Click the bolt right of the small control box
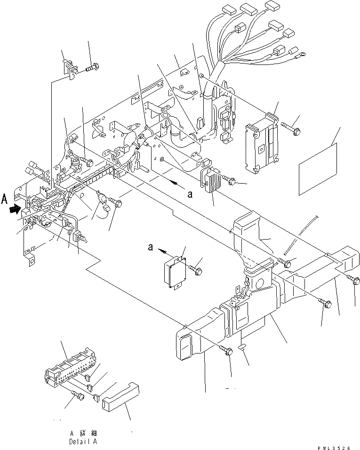(197, 269)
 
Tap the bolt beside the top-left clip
(92, 69)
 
